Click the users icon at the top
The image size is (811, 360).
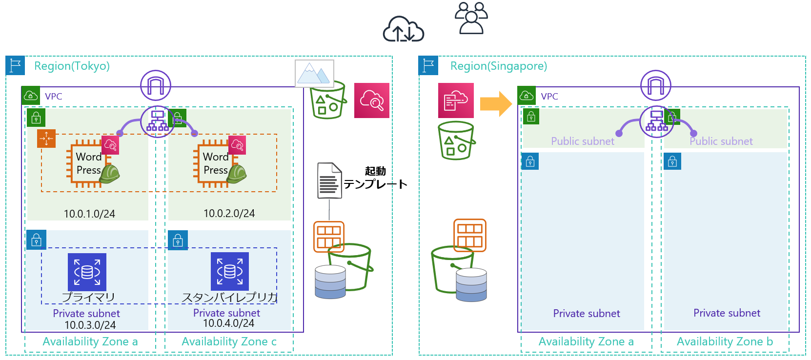471,18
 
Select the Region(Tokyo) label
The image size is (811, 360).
72,66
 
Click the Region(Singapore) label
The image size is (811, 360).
498,66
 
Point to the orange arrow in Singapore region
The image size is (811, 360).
495,103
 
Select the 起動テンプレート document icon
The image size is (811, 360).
329,180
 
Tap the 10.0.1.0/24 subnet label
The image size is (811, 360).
89,214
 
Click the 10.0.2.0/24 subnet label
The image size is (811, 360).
229,213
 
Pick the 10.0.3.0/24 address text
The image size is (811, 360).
90,325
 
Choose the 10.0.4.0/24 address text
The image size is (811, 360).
228,323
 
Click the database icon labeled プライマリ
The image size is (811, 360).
87,272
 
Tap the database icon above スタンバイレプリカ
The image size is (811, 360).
229,271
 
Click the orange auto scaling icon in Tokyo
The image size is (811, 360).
46,139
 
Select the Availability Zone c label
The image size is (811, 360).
229,341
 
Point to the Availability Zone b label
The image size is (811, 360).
725,341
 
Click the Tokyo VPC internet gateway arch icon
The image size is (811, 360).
156,85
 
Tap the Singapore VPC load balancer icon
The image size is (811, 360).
656,121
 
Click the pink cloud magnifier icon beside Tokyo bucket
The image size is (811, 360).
372,100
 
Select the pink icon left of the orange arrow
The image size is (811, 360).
456,100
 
